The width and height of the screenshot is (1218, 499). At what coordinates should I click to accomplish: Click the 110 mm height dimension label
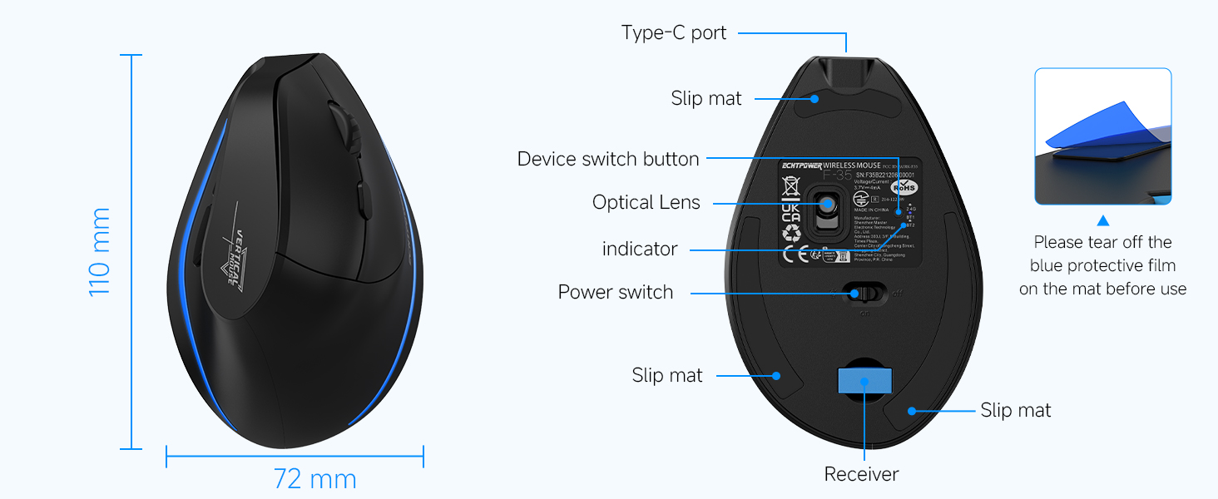click(x=100, y=252)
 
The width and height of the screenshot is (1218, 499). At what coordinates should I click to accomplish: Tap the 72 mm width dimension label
click(x=314, y=480)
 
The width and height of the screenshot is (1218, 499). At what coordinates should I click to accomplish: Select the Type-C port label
click(x=674, y=33)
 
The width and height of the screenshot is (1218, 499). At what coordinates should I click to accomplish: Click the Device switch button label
click(x=608, y=159)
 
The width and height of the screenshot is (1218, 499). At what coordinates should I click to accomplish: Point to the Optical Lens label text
click(x=646, y=202)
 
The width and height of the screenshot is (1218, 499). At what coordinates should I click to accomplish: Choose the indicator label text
click(x=640, y=249)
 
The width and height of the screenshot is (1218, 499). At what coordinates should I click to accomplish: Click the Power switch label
click(x=616, y=292)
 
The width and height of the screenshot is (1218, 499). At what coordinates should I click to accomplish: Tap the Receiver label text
click(x=861, y=474)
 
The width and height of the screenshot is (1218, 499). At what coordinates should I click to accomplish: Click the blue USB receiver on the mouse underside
click(x=864, y=381)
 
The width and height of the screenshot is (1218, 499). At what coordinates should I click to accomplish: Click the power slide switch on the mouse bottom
click(x=862, y=293)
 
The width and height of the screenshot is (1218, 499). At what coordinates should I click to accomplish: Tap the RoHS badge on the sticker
click(x=904, y=187)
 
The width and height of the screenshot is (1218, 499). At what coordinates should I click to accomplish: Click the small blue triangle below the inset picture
click(x=1103, y=220)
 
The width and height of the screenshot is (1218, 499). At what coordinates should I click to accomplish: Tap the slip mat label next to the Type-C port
click(x=706, y=98)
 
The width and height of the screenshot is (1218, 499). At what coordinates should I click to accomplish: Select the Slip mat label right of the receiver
click(x=1016, y=410)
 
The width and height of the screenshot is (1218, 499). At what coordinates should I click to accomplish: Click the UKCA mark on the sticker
click(x=791, y=213)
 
